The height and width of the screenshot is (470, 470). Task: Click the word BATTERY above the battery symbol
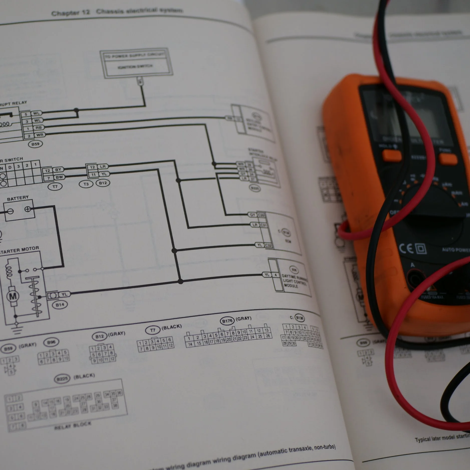(18, 199)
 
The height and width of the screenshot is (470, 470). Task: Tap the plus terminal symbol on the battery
(28, 209)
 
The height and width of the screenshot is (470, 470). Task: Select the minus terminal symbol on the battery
(10, 211)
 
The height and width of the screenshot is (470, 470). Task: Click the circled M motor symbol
(13, 296)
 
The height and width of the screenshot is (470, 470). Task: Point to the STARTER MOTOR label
(20, 250)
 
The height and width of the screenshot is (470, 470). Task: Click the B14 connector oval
(60, 305)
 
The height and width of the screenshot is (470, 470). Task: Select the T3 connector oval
(86, 184)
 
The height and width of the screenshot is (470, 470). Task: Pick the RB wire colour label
(38, 128)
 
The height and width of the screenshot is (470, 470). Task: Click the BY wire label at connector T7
(58, 170)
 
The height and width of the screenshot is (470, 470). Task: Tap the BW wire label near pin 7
(59, 177)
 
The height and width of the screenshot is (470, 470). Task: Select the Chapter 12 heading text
(70, 12)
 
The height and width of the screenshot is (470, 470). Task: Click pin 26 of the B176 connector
(268, 336)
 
